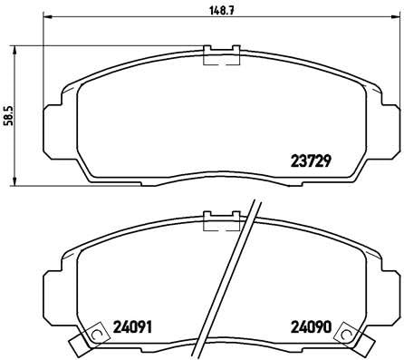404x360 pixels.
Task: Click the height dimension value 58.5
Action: [9, 116]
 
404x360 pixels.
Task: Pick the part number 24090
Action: [310, 326]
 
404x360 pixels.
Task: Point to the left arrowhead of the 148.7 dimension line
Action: [48, 17]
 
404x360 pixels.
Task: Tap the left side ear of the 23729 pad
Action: [48, 122]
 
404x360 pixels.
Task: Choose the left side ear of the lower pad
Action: [48, 290]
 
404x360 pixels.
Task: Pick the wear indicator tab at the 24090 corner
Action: [352, 340]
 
